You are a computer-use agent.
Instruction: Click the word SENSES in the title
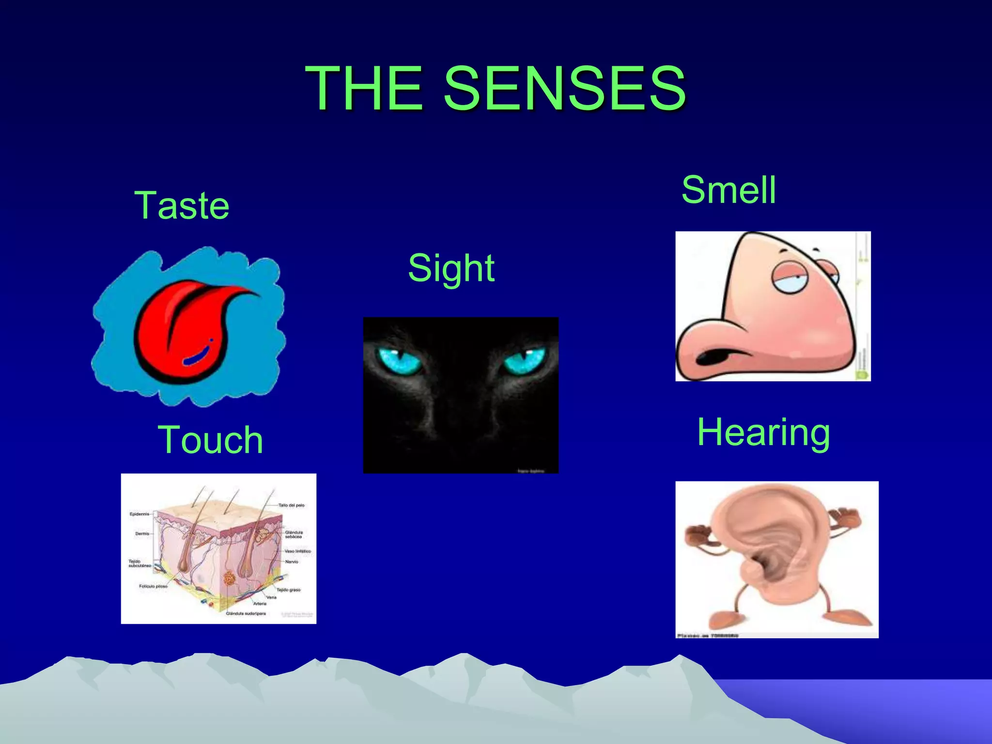coord(564,88)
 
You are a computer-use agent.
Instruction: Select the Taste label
coord(182,205)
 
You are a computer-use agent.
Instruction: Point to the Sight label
coord(451,268)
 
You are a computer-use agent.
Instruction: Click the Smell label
coord(728,190)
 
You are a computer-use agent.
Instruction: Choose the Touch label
coord(210,440)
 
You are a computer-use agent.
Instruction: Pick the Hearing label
coord(763,432)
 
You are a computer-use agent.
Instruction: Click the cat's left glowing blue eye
coord(399,361)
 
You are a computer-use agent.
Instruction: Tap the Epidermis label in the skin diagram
coord(139,514)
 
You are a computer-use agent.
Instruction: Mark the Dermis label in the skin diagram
coord(142,534)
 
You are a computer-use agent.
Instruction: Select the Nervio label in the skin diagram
coord(292,562)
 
